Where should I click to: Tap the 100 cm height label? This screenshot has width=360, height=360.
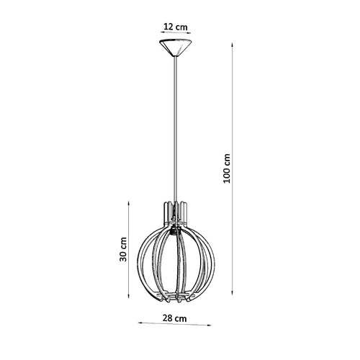[228, 167]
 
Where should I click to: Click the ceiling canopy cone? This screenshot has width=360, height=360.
[175, 50]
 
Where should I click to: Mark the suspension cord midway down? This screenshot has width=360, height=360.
[175, 130]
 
